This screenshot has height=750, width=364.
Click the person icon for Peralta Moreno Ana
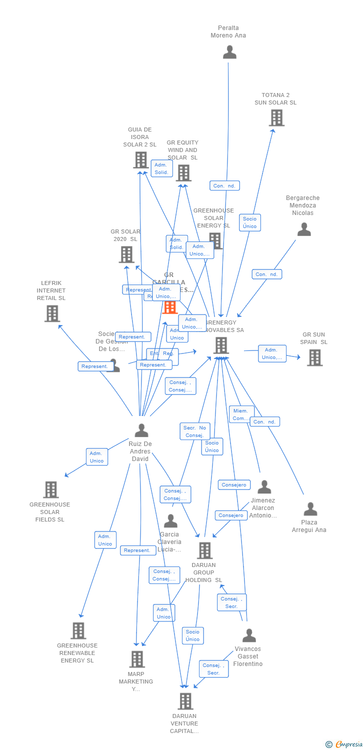(229, 52)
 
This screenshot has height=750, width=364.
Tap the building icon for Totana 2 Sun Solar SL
(276, 118)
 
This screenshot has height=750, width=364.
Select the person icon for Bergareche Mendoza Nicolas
(304, 229)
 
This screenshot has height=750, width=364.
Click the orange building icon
(170, 306)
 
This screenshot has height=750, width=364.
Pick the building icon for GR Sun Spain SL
(314, 357)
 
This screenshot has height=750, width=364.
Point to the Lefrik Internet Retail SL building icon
(52, 313)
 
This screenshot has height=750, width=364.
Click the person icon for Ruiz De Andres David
(141, 430)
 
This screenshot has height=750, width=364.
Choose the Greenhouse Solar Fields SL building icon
(51, 490)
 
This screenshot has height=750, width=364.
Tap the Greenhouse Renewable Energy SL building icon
(78, 631)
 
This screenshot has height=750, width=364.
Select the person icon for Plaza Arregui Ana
(310, 509)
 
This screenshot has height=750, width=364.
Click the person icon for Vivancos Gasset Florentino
(249, 635)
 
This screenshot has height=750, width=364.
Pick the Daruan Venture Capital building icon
(185, 701)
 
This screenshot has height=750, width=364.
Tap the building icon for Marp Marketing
(137, 659)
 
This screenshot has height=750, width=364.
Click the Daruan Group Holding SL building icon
(204, 550)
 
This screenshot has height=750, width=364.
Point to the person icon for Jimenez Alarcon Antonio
(264, 486)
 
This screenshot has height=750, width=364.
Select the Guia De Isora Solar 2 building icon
(141, 160)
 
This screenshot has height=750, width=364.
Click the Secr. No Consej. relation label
(194, 431)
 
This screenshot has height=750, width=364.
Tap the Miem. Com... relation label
(241, 414)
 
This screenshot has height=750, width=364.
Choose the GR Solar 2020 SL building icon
(126, 254)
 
